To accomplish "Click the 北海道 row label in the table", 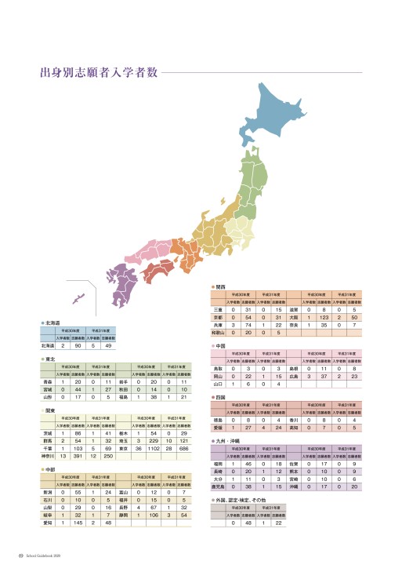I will [49, 345].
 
